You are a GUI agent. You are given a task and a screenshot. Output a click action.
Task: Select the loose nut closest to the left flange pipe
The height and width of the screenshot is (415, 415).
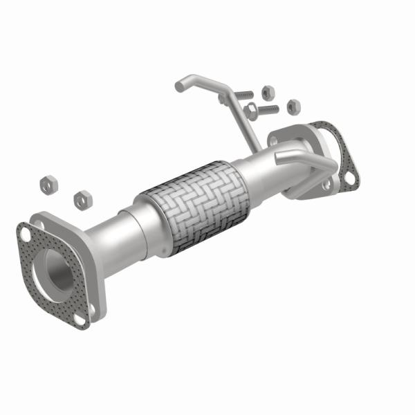[82, 199]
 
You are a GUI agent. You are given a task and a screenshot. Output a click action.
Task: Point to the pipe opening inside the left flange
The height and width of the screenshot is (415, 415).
[57, 267]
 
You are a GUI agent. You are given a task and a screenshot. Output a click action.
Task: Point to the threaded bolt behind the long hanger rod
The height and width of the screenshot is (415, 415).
[242, 95]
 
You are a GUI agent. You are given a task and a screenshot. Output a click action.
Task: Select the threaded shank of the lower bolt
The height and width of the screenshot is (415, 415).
[268, 109]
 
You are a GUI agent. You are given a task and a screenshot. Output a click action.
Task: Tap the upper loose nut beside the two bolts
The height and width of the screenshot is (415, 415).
[267, 92]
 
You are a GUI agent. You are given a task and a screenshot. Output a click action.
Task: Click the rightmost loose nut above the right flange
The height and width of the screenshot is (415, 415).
[293, 106]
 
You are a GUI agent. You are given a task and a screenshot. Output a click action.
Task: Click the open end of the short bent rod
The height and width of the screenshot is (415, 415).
[279, 158]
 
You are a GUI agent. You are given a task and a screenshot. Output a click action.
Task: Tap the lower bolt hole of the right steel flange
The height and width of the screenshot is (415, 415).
[325, 185]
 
